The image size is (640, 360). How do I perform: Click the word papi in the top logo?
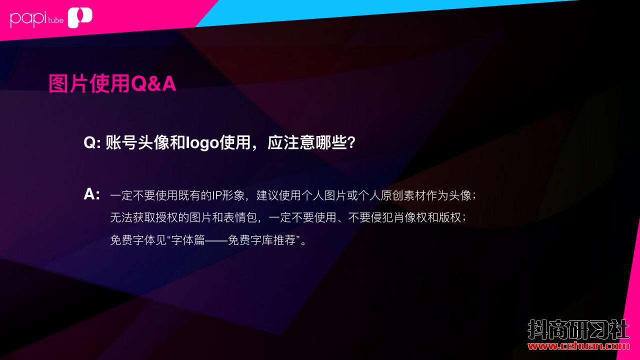28,19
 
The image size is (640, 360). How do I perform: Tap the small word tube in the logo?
55,20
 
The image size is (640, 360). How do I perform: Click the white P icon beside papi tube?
80,17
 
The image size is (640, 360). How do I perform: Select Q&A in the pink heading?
153,83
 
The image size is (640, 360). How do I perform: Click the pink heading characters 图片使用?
89,83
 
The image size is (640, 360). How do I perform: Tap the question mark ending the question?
351,142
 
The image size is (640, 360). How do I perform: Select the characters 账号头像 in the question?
137,142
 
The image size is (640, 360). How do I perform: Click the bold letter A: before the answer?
91,194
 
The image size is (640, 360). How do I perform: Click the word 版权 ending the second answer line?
450,217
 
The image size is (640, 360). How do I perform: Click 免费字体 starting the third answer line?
132,240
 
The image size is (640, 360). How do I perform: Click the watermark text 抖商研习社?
578,329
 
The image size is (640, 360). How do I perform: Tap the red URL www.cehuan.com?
578,346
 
